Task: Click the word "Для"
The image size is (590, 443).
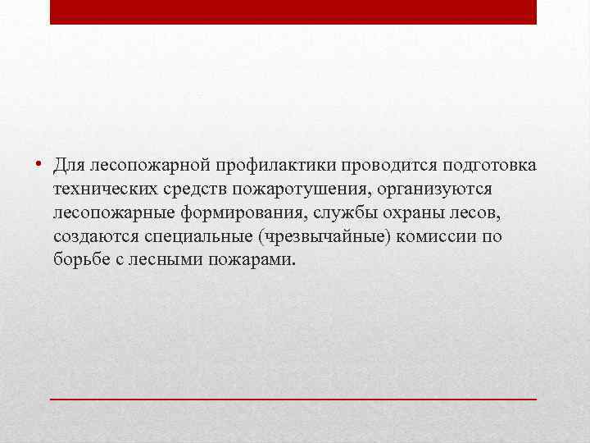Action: tap(71, 167)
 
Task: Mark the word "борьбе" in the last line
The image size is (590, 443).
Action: tap(81, 260)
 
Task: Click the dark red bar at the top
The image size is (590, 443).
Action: tap(293, 11)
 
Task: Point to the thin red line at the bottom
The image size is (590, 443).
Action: tap(293, 398)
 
